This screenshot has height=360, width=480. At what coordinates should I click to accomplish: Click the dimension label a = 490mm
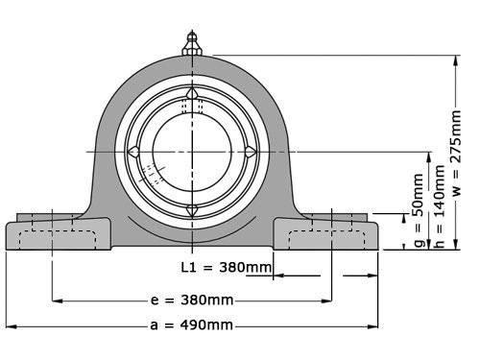click(192, 325)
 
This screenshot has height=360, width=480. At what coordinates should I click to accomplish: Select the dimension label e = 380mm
click(192, 300)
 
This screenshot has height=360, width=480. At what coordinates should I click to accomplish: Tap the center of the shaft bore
click(193, 151)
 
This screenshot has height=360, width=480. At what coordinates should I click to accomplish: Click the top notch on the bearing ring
click(193, 93)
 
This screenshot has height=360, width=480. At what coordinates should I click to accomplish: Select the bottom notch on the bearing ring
click(193, 209)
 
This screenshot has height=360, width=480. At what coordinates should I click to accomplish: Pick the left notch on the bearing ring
click(134, 152)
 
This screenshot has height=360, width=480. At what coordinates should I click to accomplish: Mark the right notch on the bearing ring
click(251, 152)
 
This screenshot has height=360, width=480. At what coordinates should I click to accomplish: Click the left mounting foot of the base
click(53, 235)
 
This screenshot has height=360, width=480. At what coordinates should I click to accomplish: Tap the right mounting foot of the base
click(331, 235)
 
